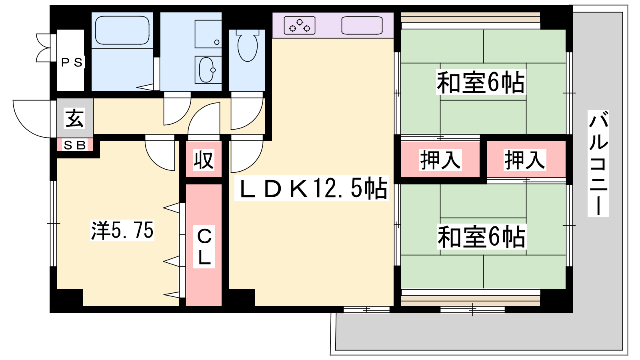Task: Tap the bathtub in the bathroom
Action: (122, 30)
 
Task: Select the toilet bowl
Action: (247, 45)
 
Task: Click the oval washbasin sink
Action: (207, 70)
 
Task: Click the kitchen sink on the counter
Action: (362, 25)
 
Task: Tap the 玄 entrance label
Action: (75, 118)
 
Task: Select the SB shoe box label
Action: (75, 145)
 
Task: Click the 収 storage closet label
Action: (204, 160)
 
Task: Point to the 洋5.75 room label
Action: (122, 230)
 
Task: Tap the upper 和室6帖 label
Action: (480, 83)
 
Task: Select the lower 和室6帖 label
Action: (481, 237)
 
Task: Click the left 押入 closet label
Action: (440, 160)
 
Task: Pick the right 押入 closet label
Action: (525, 160)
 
